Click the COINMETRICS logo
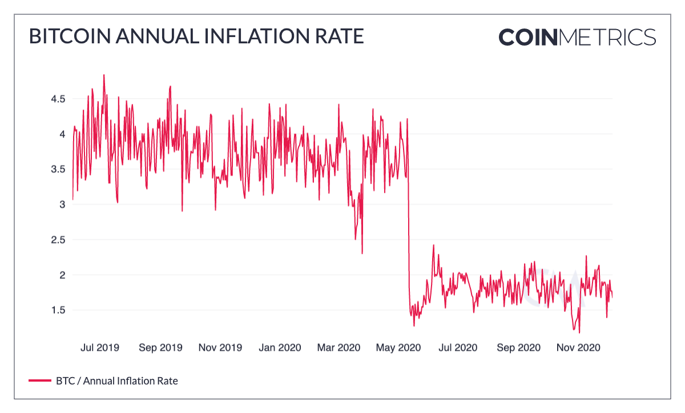577,37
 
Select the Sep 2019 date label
160,347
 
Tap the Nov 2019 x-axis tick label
220,347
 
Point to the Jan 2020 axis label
280,347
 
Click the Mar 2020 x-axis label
339,347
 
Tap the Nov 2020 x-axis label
578,347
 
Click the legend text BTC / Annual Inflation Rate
116,380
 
